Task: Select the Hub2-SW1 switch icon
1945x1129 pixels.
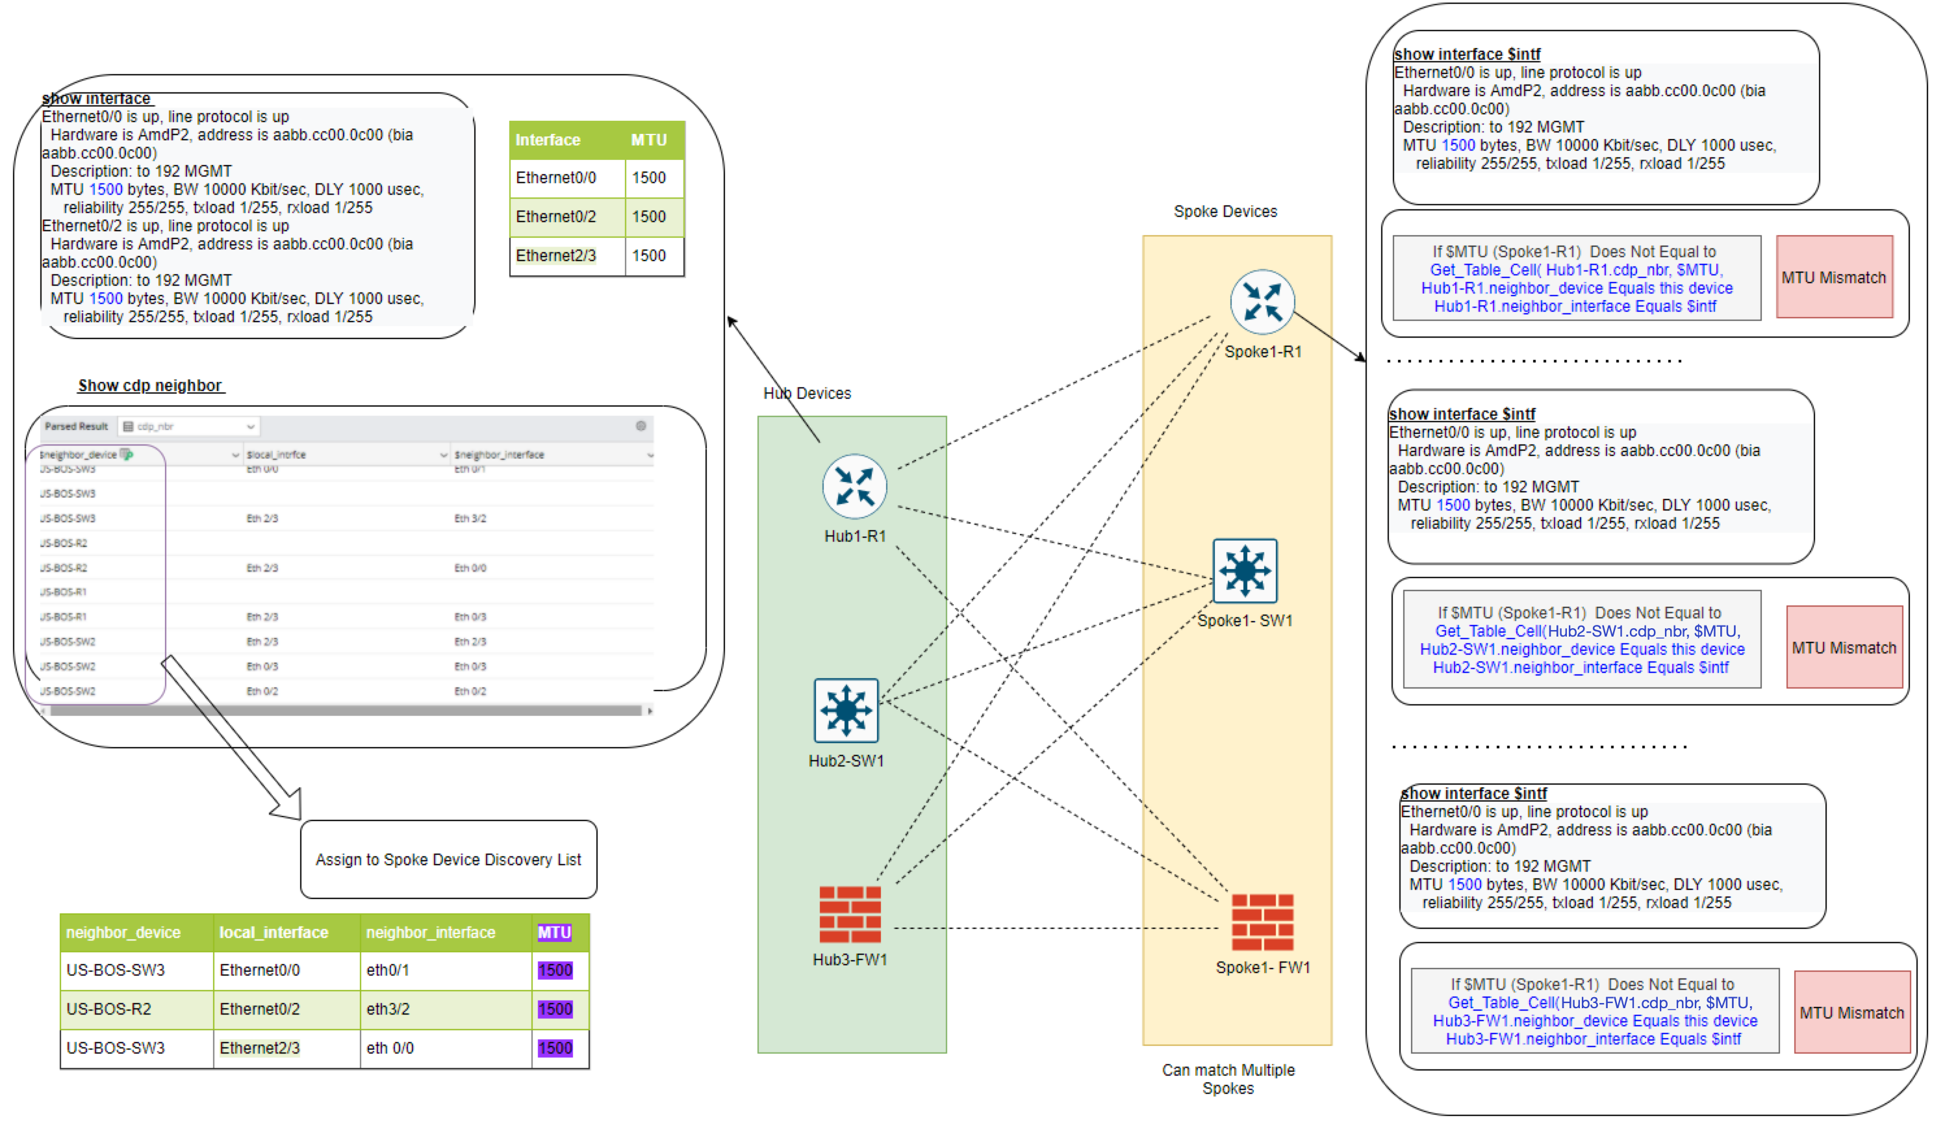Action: pyautogui.click(x=846, y=710)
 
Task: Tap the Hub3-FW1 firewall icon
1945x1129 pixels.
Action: pyautogui.click(x=850, y=915)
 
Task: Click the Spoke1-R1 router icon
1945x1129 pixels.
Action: pyautogui.click(x=1262, y=301)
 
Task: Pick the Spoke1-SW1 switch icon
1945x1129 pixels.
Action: pyautogui.click(x=1244, y=571)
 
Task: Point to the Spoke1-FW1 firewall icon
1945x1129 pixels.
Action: pyautogui.click(x=1262, y=922)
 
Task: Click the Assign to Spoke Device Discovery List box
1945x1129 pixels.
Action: pyautogui.click(x=448, y=859)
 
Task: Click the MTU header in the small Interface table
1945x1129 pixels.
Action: pyautogui.click(x=648, y=140)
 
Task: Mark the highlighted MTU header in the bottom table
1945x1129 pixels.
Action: pyautogui.click(x=554, y=932)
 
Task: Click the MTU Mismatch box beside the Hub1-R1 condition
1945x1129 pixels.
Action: pyautogui.click(x=1834, y=277)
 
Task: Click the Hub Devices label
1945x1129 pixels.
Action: pyautogui.click(x=807, y=393)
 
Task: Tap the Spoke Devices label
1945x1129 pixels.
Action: pyautogui.click(x=1225, y=210)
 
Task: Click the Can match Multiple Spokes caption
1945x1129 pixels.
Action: pyautogui.click(x=1228, y=1079)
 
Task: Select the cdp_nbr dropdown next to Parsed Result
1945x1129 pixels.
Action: pyautogui.click(x=189, y=426)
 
